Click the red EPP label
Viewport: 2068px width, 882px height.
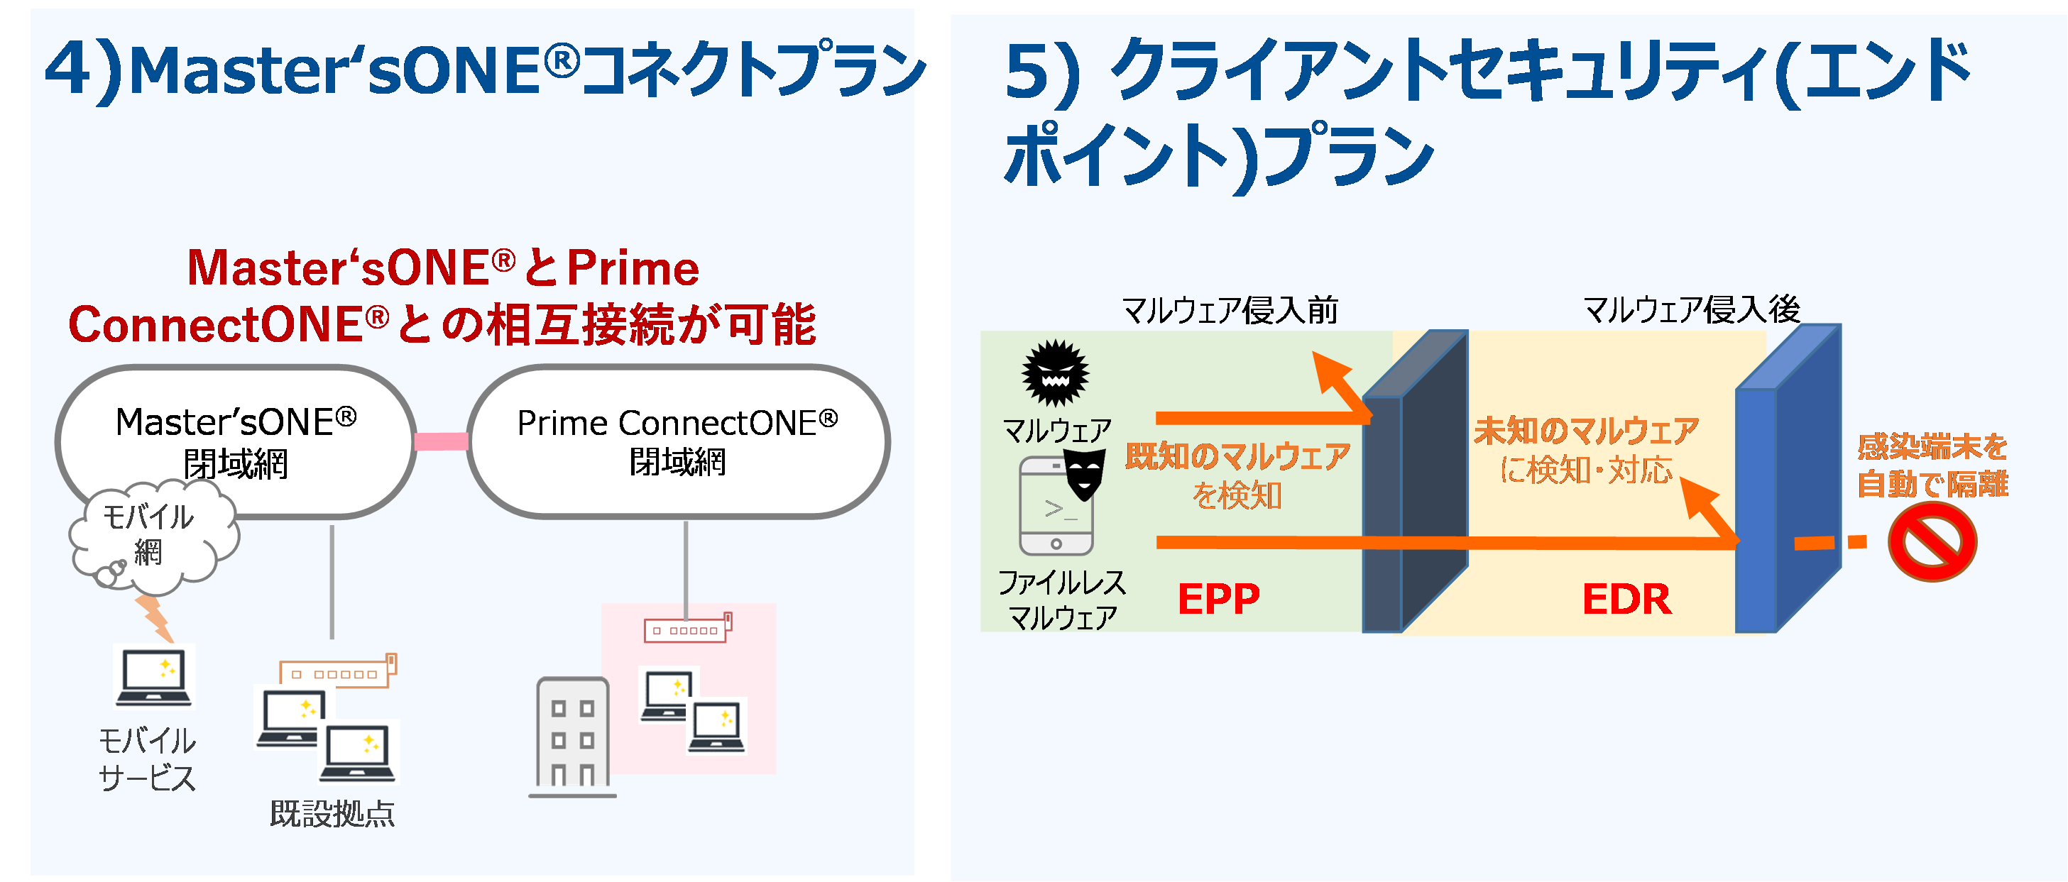(1218, 599)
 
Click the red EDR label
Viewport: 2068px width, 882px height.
(1626, 600)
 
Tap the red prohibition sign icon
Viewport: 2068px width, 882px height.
(1932, 544)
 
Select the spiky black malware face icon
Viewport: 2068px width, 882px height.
(1055, 373)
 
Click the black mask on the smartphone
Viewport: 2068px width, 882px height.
(1084, 473)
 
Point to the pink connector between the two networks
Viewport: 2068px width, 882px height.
(441, 441)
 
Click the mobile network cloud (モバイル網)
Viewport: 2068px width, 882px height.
(149, 534)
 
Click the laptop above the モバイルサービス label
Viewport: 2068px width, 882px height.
(154, 676)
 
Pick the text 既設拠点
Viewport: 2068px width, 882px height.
(332, 813)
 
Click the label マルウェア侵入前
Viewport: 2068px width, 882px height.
(1229, 310)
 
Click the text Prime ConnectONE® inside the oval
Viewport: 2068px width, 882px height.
(677, 423)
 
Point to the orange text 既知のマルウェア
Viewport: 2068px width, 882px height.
(1237, 457)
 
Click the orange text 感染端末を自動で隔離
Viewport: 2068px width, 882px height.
(1932, 465)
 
